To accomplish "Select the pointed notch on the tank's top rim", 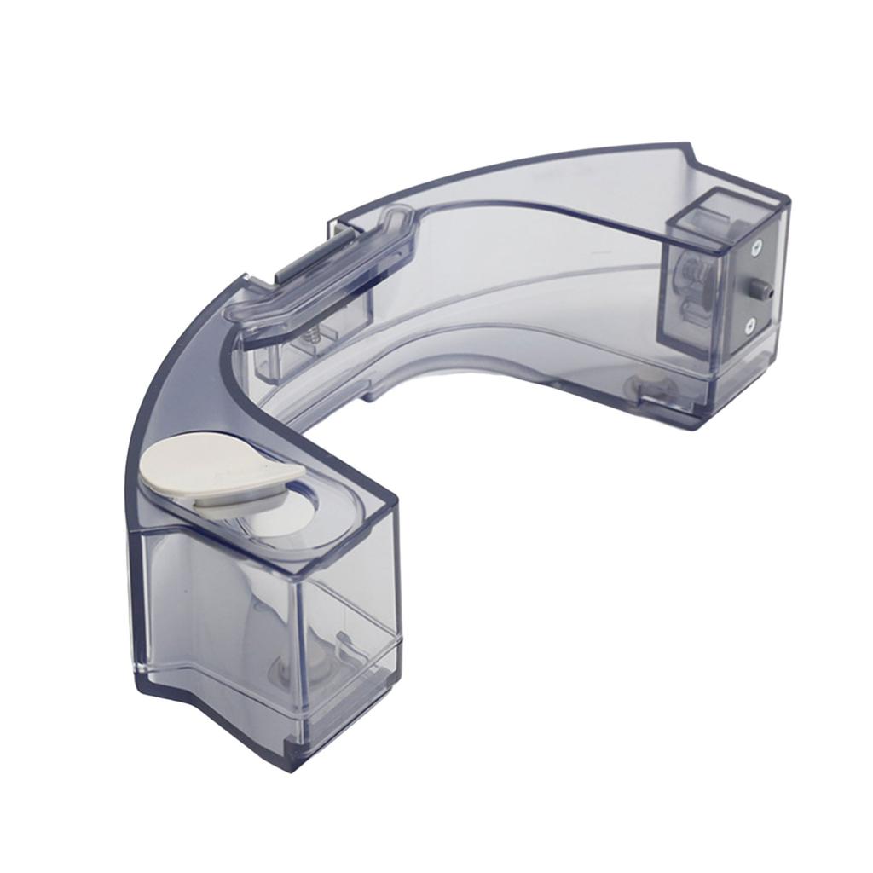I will tap(691, 158).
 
